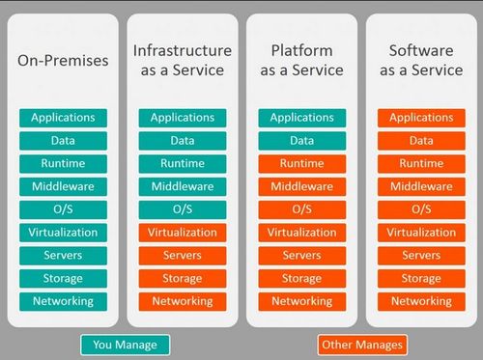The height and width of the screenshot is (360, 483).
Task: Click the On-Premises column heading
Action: click(x=63, y=61)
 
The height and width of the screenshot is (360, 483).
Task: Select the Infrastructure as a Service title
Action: click(x=182, y=60)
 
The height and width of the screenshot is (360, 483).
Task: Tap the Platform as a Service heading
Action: click(x=301, y=60)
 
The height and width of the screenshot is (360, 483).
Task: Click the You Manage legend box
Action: click(x=125, y=345)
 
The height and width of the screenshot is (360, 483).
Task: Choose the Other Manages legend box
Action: click(x=361, y=345)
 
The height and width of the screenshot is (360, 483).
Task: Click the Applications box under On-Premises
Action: click(x=63, y=118)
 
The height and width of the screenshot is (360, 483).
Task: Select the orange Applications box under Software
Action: click(x=421, y=118)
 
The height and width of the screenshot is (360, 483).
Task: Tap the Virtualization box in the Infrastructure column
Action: click(x=182, y=233)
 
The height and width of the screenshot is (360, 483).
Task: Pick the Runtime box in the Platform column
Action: click(x=301, y=163)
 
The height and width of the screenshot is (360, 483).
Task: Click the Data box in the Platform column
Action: click(x=301, y=141)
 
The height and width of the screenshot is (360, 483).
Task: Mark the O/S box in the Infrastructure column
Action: click(x=182, y=209)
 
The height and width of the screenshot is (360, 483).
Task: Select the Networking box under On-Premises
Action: click(x=63, y=301)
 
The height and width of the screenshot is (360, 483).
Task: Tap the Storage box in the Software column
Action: click(x=421, y=278)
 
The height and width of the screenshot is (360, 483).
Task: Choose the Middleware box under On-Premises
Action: click(x=63, y=186)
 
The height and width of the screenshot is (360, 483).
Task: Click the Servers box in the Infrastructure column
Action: click(x=182, y=256)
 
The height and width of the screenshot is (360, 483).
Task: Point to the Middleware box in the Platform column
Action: click(x=301, y=186)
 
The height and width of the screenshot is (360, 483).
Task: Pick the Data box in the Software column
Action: click(x=421, y=141)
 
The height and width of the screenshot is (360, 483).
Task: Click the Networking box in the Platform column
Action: click(x=301, y=301)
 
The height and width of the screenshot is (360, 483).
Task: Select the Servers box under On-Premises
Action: click(x=63, y=256)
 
